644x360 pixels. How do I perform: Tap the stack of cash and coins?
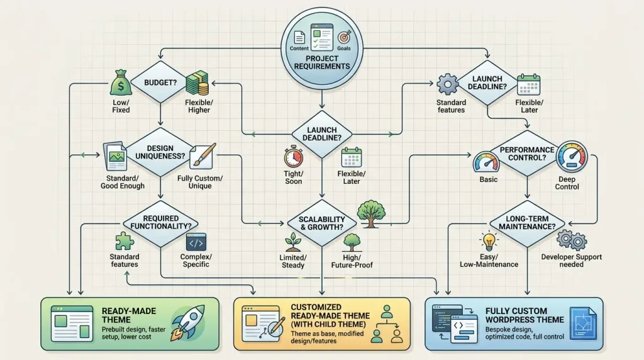197,83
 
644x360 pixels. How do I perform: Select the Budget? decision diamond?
160,82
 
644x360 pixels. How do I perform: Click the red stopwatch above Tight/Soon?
293,157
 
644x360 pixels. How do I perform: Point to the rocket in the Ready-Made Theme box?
188,323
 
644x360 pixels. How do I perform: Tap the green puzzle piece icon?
124,241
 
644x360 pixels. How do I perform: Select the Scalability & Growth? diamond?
321,223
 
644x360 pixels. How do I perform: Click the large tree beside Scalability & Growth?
371,214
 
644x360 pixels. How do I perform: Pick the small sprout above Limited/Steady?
293,242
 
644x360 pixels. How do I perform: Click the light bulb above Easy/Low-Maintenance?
489,241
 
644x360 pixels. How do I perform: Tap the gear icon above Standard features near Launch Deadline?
448,84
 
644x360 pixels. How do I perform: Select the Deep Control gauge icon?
572,157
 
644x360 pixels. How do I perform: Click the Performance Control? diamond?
527,154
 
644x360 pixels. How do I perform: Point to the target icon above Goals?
344,37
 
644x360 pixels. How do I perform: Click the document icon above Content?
299,37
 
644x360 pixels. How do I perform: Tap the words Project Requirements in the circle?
322,62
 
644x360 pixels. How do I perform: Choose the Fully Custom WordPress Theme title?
525,315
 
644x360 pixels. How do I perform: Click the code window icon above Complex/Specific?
196,242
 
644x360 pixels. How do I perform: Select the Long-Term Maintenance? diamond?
527,223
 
